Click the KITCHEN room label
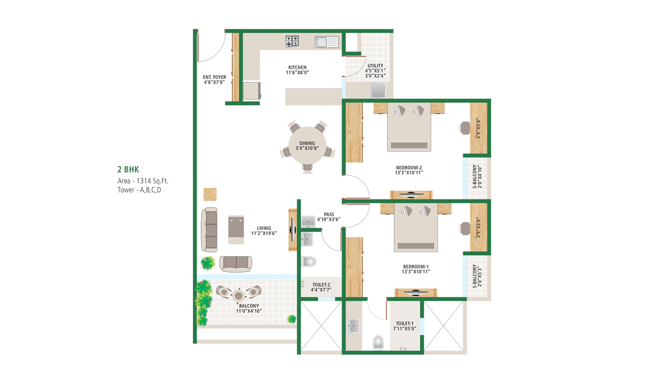click(x=297, y=67)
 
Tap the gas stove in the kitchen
click(x=292, y=41)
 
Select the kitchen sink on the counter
click(x=327, y=42)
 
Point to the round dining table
click(x=308, y=145)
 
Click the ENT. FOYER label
click(x=214, y=77)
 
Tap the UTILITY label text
click(x=375, y=66)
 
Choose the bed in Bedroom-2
click(x=409, y=127)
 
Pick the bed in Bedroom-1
click(x=416, y=228)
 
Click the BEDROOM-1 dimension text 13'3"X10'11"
click(x=416, y=272)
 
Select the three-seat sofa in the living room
click(x=209, y=230)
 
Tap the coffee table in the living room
click(x=236, y=230)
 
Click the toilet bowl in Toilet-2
click(x=309, y=262)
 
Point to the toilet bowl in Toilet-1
click(x=378, y=342)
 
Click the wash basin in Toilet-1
click(x=353, y=326)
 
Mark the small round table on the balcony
click(x=238, y=295)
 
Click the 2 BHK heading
click(x=128, y=169)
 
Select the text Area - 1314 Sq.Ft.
click(x=143, y=181)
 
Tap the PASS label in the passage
click(x=329, y=214)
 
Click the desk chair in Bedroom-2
click(x=464, y=128)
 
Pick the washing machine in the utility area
click(x=378, y=91)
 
